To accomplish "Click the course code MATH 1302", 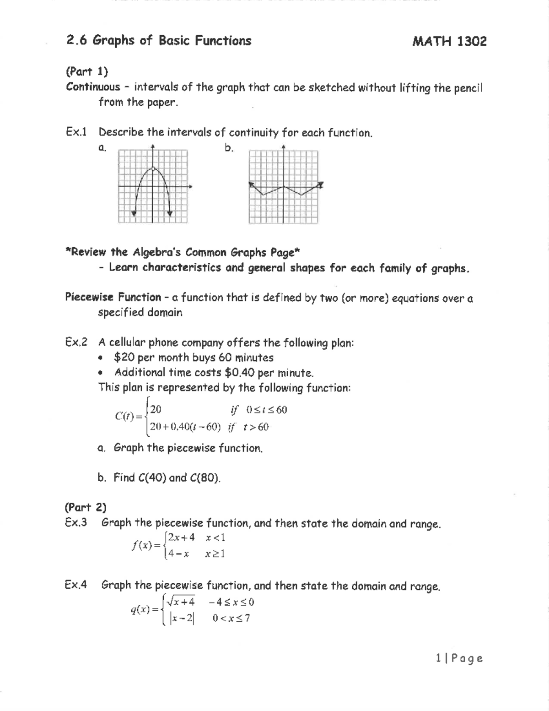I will [449, 42].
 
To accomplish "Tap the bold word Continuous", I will [93, 87].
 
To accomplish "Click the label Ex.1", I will [76, 132].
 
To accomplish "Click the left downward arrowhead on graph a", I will [134, 213].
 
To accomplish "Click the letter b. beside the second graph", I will [229, 148].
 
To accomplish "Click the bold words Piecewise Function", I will [113, 298].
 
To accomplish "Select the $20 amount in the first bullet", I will [124, 358].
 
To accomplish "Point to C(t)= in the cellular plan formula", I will [129, 417].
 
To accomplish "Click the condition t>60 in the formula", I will [256, 427].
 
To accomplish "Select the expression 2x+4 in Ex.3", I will [181, 537].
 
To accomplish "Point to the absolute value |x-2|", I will [182, 619].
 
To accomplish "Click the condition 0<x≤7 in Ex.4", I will [231, 619].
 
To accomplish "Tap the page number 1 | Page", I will [459, 658].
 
